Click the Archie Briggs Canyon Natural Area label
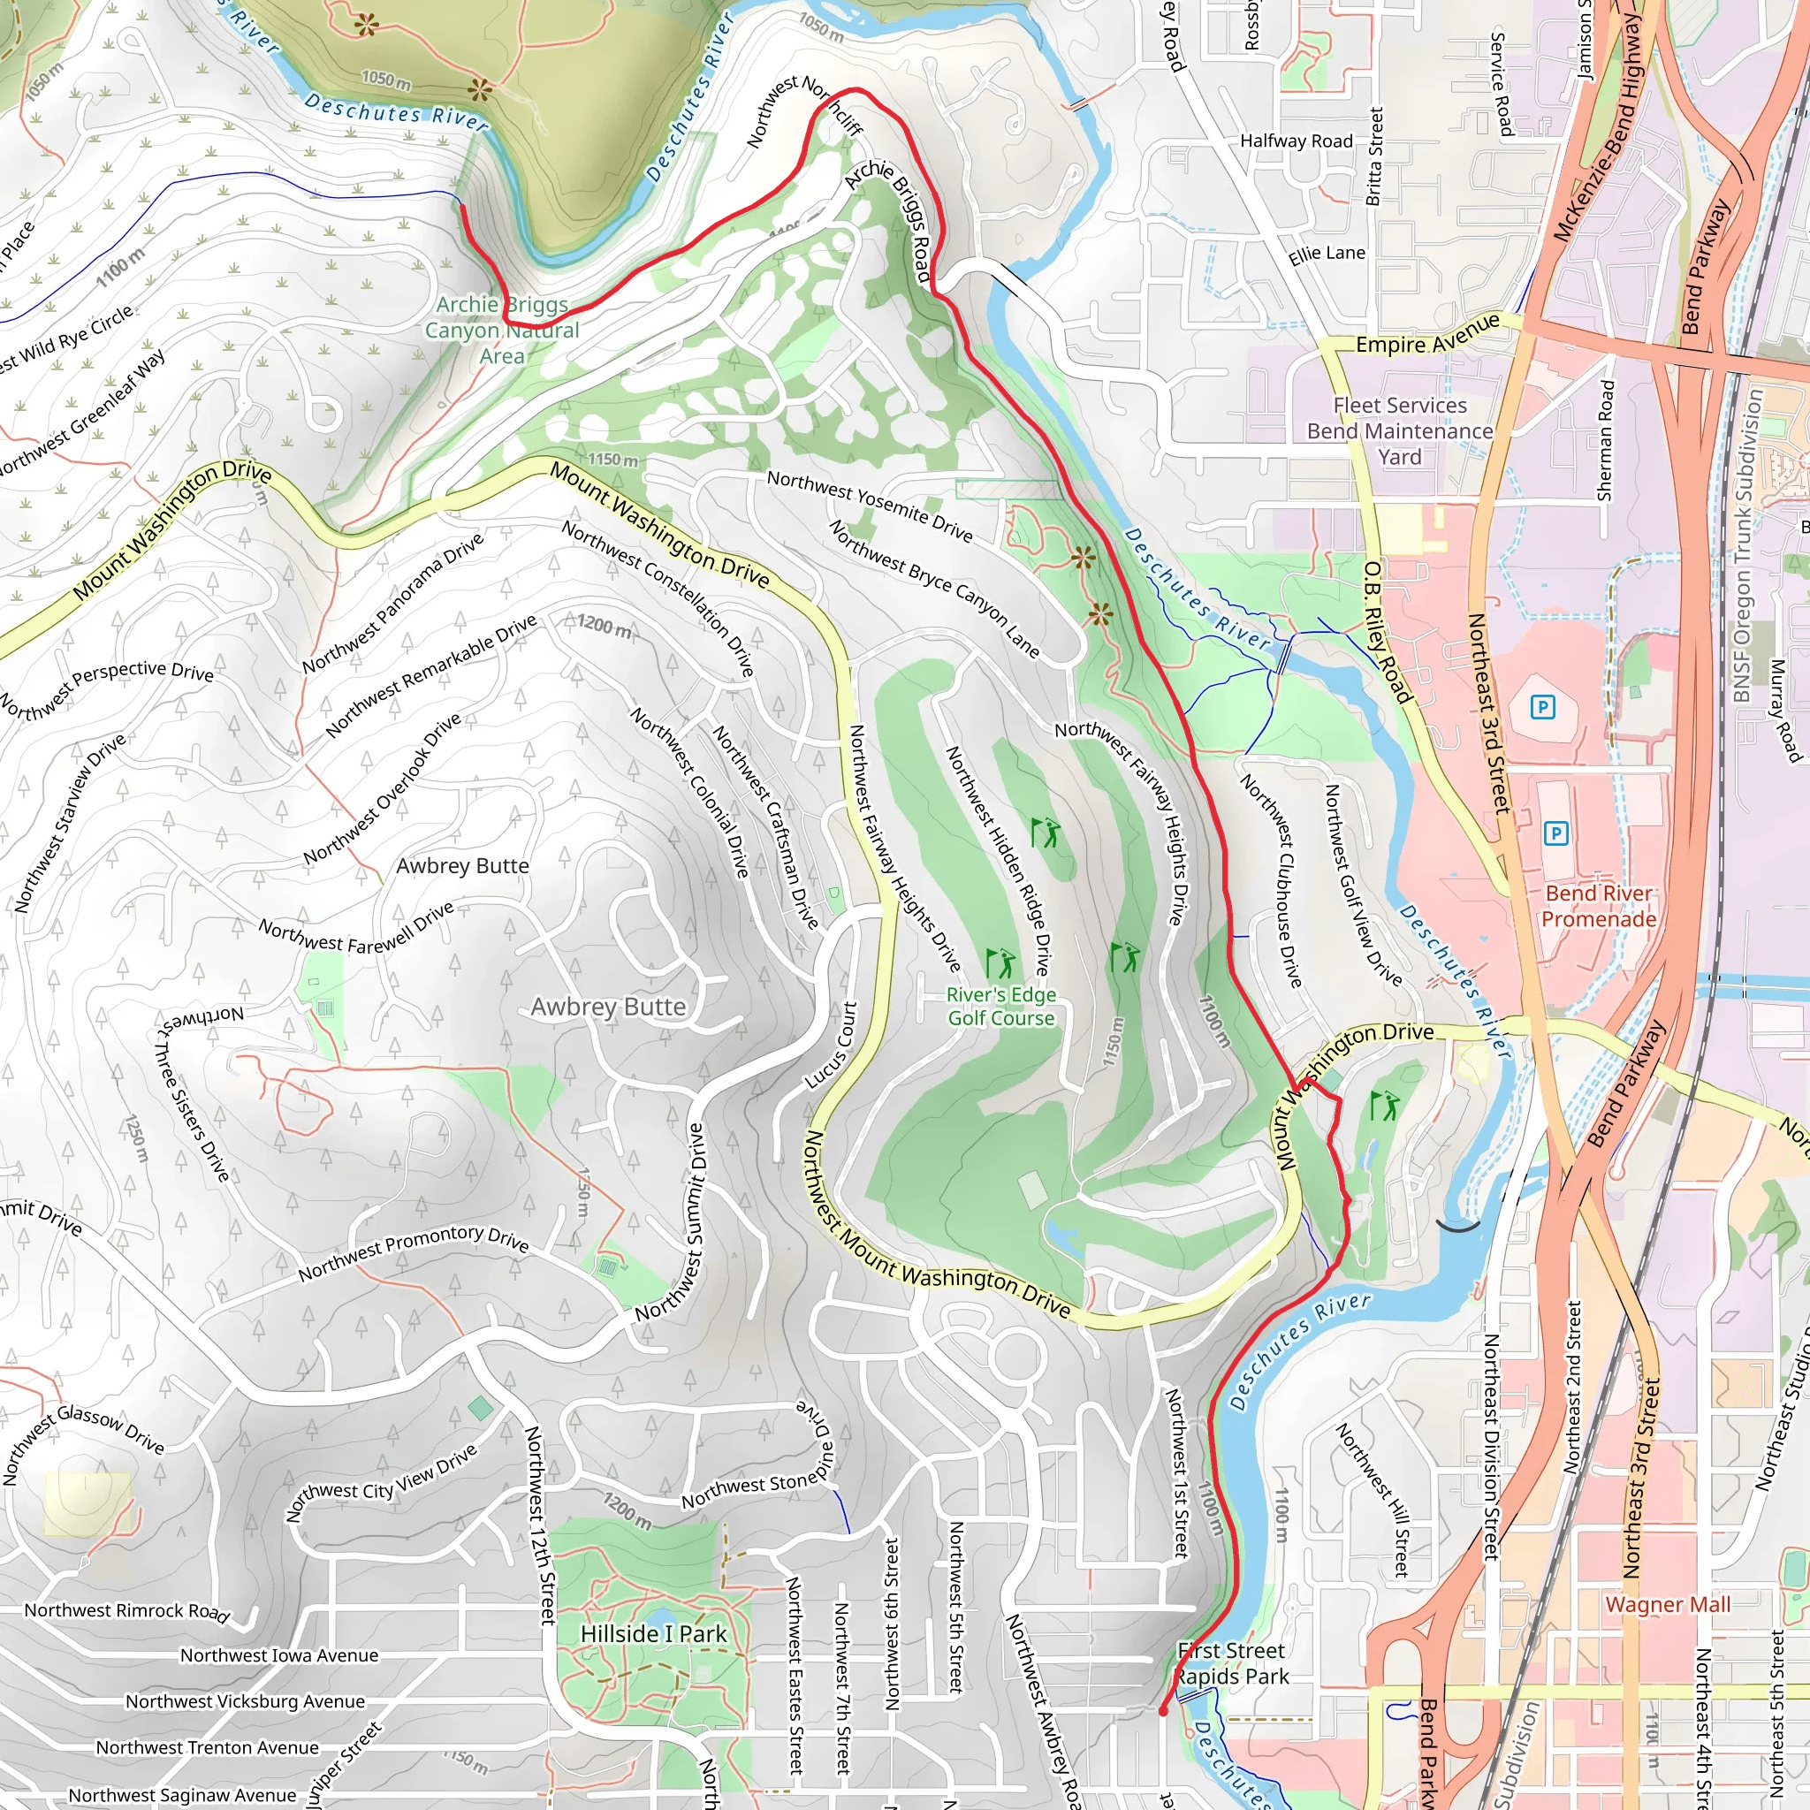[x=502, y=330]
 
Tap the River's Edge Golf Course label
[x=1000, y=1006]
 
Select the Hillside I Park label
[x=653, y=1634]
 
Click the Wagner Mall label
[x=1668, y=1605]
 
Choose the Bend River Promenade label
[x=1598, y=906]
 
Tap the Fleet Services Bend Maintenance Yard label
[x=1400, y=431]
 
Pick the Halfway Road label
[x=1297, y=141]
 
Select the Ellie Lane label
[x=1327, y=254]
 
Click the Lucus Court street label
[x=832, y=1045]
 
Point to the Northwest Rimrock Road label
[x=127, y=1610]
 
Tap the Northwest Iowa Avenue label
[x=279, y=1655]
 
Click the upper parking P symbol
[x=1542, y=706]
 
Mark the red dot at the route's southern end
[x=1163, y=1712]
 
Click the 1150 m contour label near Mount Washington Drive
[x=612, y=460]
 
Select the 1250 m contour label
[x=137, y=1137]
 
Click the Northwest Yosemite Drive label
[x=870, y=505]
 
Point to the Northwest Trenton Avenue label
[x=207, y=1747]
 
